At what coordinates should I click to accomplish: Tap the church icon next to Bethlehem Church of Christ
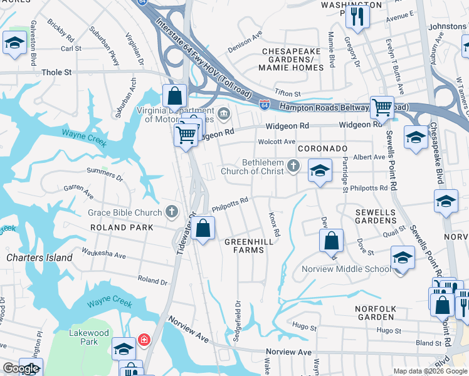pos(293,167)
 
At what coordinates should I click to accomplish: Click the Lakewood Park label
pos(89,337)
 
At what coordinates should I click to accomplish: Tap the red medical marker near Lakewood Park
pos(144,340)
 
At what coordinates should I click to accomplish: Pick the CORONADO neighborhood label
pos(322,149)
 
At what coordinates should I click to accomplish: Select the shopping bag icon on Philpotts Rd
pos(203,229)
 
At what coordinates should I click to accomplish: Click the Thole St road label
pos(56,73)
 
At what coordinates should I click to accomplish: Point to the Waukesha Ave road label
pos(102,256)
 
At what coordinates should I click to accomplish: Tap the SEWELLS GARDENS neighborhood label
pos(376,216)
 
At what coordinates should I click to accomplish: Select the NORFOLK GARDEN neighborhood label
pos(376,313)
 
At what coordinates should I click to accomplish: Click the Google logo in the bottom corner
pos(21,368)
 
